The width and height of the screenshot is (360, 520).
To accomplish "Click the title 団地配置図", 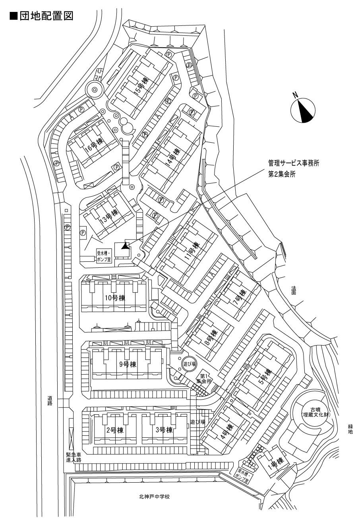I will (41, 16).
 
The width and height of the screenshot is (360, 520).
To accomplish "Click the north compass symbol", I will (303, 110).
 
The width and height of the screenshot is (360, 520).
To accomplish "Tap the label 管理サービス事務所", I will (294, 163).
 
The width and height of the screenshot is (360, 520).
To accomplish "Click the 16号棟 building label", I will (89, 145).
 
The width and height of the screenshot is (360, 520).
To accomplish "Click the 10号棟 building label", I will (114, 298).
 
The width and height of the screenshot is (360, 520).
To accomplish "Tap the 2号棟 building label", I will (115, 430).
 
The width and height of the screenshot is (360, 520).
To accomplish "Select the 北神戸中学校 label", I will (155, 497).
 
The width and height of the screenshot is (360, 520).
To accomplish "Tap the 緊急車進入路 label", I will (74, 457).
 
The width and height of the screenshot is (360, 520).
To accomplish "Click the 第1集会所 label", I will (204, 378).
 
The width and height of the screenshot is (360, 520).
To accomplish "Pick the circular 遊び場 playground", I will (189, 363).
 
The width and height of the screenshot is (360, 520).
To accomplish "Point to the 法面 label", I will (294, 290).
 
